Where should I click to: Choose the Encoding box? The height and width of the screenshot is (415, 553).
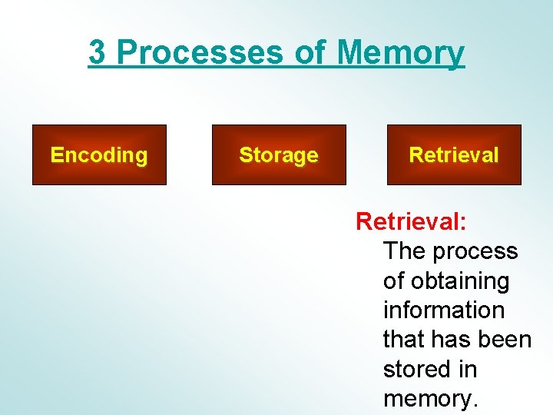pyautogui.click(x=99, y=155)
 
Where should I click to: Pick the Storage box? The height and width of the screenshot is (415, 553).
pyautogui.click(x=279, y=155)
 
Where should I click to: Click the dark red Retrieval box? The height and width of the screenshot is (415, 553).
pyautogui.click(x=454, y=155)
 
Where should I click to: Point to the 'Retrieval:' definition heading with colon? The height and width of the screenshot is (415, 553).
pyautogui.click(x=411, y=222)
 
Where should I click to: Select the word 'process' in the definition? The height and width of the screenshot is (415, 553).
pyautogui.click(x=476, y=251)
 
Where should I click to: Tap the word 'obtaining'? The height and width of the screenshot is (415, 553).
pyautogui.click(x=459, y=281)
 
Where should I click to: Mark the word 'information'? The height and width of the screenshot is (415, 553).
pyautogui.click(x=444, y=310)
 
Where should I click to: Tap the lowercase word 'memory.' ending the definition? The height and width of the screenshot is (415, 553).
pyautogui.click(x=431, y=399)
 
